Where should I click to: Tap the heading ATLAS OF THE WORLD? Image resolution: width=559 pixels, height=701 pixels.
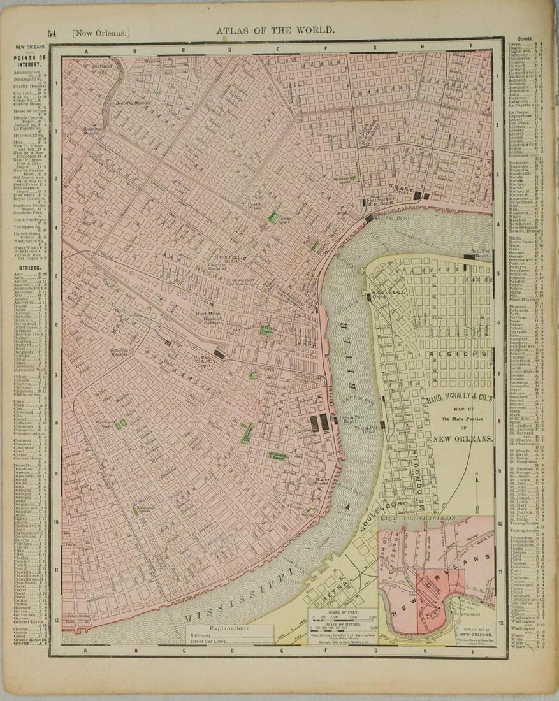275,30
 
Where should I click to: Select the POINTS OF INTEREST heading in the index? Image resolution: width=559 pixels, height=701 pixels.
30,60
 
